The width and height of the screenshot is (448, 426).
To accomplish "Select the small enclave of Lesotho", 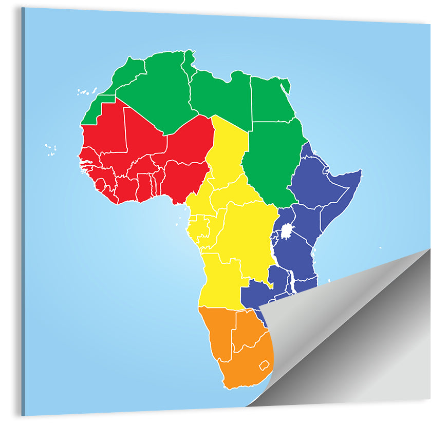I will tap(264, 365).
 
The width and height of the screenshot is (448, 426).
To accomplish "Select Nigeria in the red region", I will tap(185, 177).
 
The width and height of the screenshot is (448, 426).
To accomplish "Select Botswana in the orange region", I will tap(247, 328).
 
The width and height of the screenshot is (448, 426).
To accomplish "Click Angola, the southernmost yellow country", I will tap(221, 280).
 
